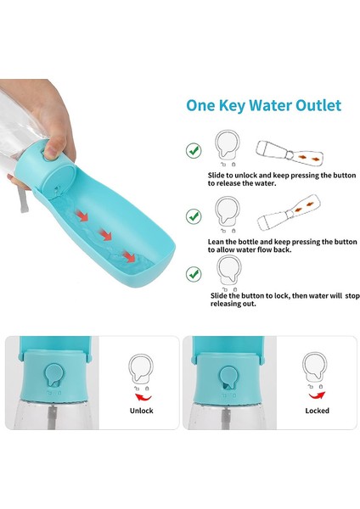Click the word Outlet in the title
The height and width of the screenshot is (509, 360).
tap(313, 106)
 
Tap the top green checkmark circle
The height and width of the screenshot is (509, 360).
tap(194, 150)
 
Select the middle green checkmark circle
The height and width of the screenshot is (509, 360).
tap(194, 216)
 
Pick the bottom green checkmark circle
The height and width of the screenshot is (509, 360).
tap(194, 273)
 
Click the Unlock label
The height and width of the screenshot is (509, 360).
tap(141, 410)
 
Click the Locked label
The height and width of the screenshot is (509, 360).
tap(317, 410)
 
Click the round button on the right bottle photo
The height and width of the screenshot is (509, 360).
tap(228, 376)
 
